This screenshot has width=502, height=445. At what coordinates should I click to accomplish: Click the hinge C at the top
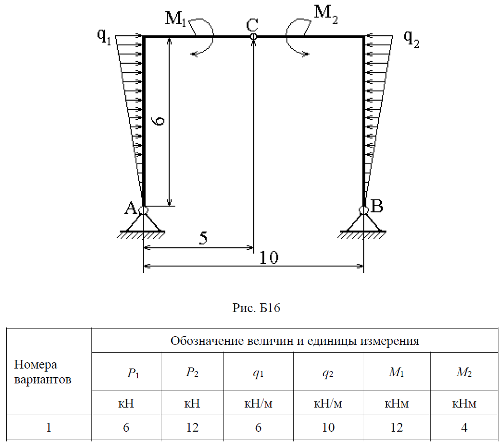(253, 36)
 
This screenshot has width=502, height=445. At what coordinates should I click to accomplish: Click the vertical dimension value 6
(159, 121)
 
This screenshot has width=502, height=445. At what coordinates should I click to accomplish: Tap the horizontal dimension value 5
(203, 239)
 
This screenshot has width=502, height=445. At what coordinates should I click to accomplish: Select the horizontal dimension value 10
(269, 257)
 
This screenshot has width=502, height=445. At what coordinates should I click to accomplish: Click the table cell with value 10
(328, 427)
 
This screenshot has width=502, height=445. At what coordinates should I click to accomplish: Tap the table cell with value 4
(464, 427)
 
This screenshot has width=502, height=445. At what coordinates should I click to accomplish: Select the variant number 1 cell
(49, 427)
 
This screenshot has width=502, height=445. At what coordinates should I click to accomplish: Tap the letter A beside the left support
(130, 208)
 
